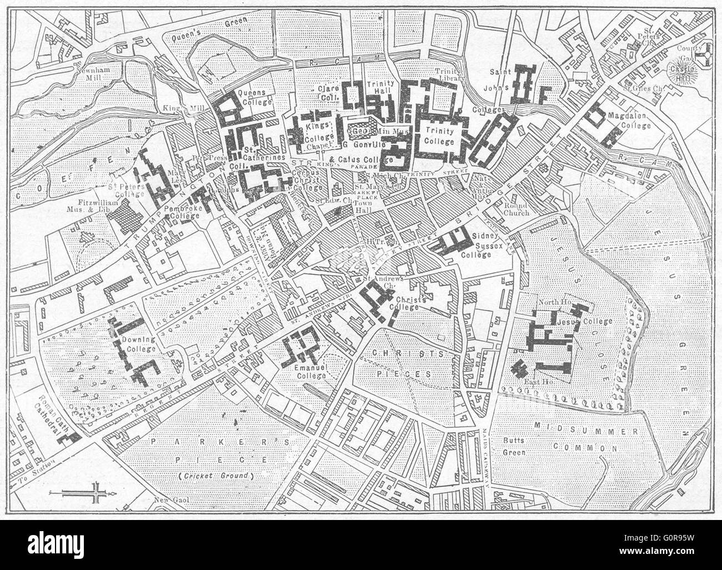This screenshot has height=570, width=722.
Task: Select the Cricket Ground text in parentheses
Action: pos(215,476)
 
